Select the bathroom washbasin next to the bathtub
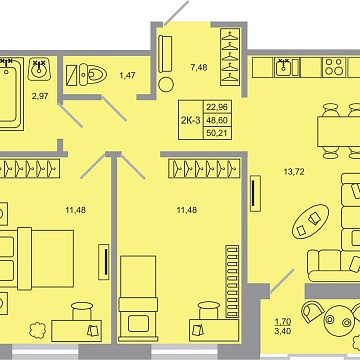pos(39,69)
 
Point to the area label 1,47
pos(127,75)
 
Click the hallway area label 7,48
pos(199,69)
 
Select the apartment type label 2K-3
pos(187,119)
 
